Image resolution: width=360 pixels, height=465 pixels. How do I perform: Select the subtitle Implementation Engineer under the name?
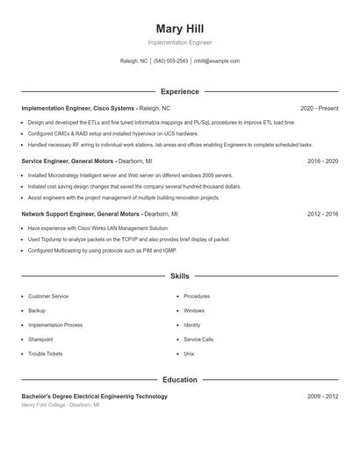180,42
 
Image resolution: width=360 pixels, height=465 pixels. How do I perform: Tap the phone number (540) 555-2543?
170,61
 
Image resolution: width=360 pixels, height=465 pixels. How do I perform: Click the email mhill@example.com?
217,61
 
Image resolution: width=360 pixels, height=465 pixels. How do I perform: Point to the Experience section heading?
180,91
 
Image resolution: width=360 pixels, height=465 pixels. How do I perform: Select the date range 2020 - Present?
319,108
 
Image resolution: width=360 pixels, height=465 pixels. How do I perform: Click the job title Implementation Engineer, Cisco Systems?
78,108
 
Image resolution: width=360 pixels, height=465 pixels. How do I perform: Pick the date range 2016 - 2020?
323,161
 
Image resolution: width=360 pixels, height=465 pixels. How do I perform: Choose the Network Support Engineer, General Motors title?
81,213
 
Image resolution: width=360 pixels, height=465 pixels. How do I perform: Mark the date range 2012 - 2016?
323,213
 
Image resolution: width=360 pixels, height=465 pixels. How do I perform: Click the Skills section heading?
180,275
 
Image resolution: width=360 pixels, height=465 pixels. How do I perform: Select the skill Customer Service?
48,297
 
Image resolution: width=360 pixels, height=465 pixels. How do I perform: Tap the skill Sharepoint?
40,340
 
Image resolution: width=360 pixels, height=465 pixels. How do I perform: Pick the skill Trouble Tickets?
46,354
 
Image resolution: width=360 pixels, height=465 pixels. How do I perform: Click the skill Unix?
189,354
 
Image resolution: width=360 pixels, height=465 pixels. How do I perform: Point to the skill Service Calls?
198,340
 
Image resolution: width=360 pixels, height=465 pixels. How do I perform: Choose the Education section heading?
180,380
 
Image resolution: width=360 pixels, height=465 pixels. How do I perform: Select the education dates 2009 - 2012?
323,397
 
